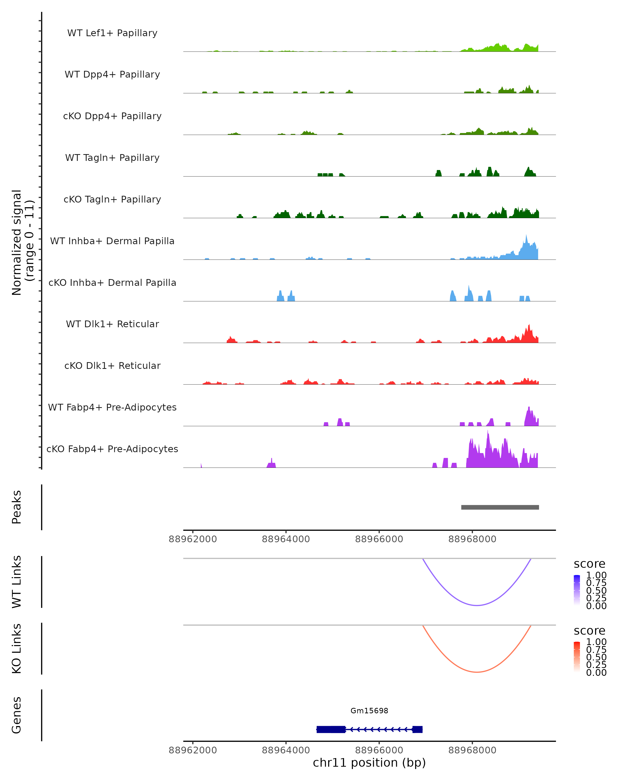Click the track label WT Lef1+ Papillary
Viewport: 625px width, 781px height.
112,33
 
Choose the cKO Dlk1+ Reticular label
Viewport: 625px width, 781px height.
112,366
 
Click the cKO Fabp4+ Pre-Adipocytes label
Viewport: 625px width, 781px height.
112,449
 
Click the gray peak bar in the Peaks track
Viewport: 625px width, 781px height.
500,507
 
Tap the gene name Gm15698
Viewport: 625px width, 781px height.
369,710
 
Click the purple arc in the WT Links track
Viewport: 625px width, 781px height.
477,605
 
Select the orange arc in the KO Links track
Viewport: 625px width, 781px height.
477,672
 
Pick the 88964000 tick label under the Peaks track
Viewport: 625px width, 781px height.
286,539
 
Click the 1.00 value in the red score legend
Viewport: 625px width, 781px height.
596,642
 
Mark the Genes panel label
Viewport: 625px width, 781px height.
16,715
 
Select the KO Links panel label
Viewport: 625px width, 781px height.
16,648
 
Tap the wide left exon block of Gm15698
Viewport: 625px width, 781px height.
331,729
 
